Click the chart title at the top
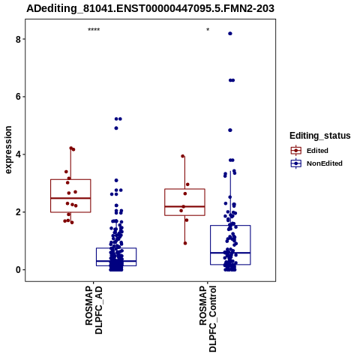tap(150, 8)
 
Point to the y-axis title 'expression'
tap(8, 150)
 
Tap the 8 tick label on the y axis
tap(18, 39)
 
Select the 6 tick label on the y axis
tap(18, 97)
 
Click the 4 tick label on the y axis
tap(18, 154)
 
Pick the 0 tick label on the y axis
tap(18, 270)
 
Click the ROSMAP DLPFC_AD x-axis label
tap(94, 310)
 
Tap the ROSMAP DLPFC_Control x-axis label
tap(208, 319)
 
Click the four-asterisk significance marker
tap(94, 30)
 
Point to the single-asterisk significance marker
tap(208, 30)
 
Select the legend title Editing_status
tap(320, 136)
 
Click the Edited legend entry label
tap(317, 151)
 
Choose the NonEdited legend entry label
tap(325, 163)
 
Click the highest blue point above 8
tap(230, 34)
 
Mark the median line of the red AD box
tap(70, 198)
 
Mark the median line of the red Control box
tap(184, 206)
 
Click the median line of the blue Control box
tap(230, 253)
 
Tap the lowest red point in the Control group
tap(185, 243)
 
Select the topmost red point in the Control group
tap(183, 156)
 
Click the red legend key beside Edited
tap(296, 151)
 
